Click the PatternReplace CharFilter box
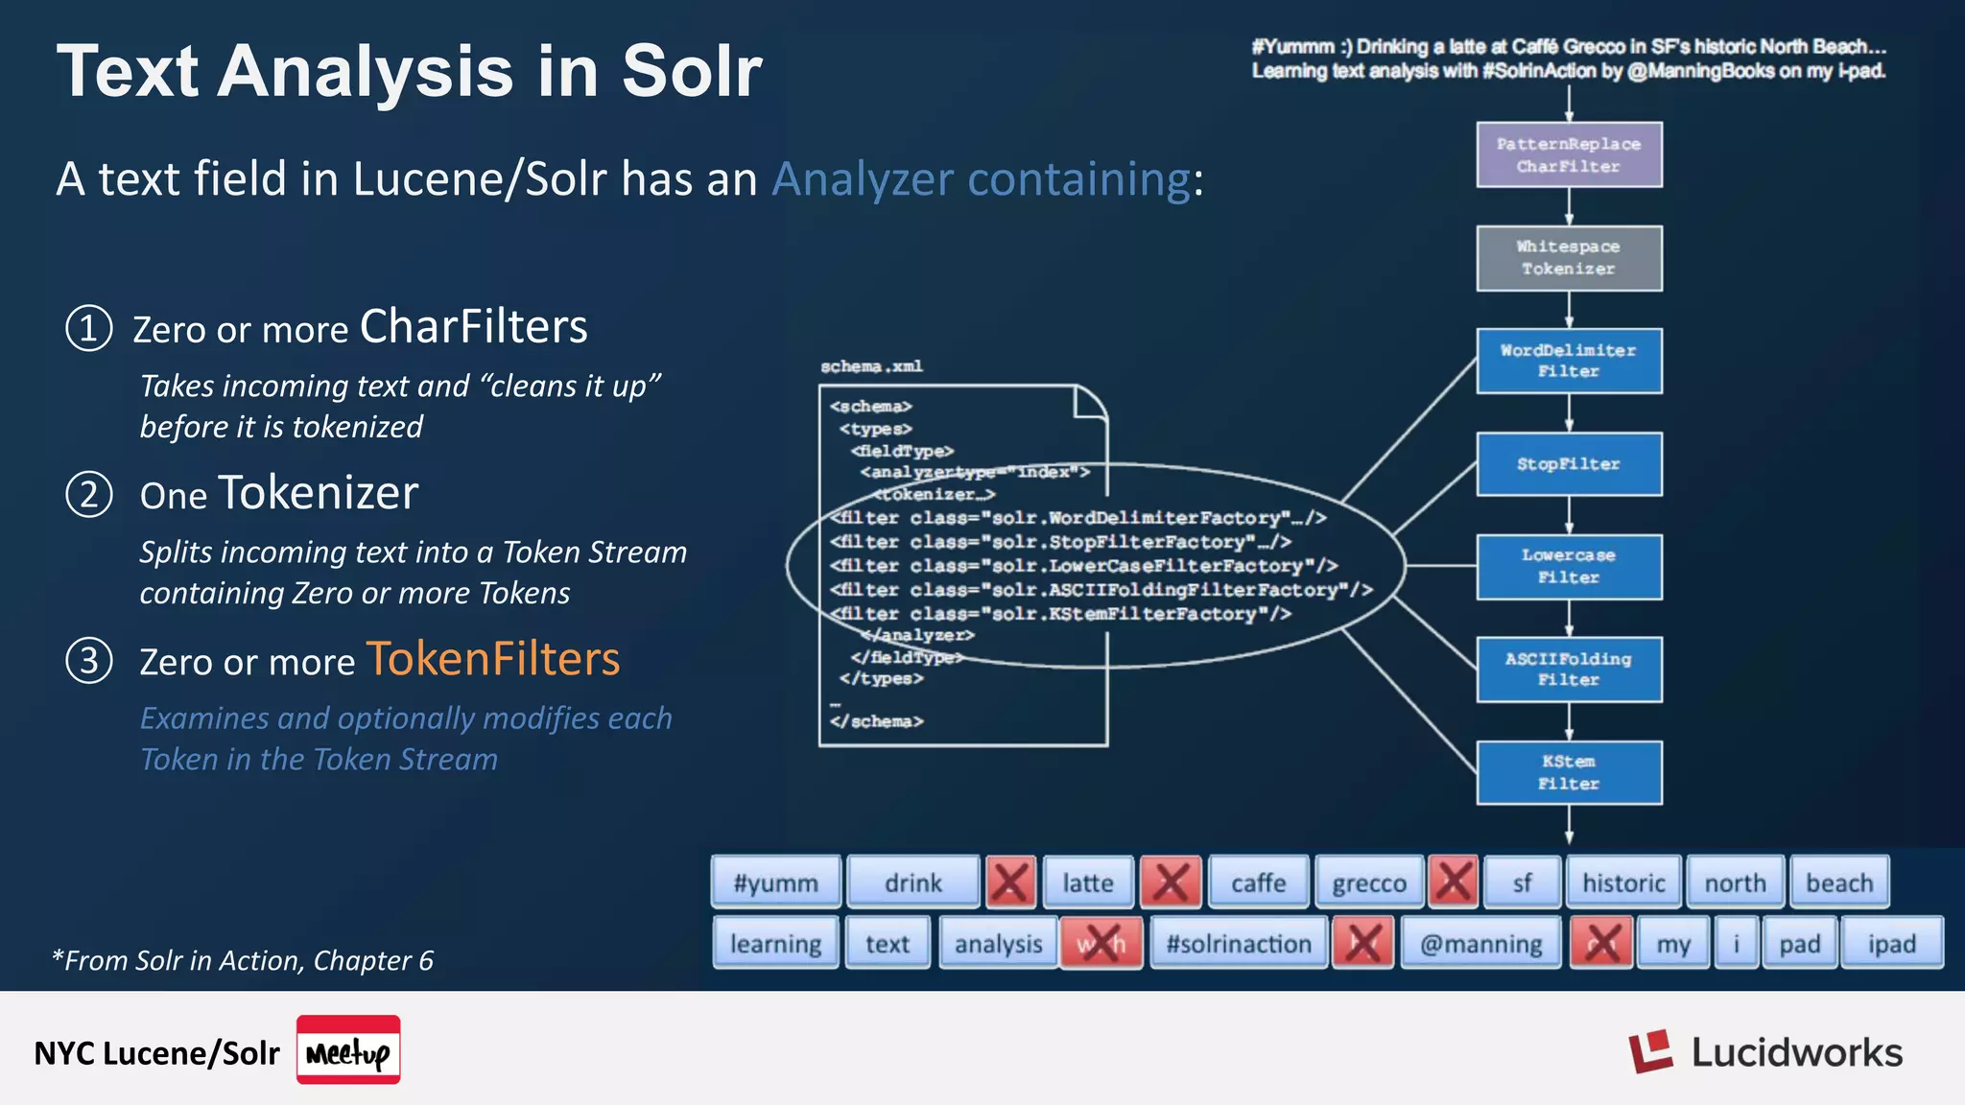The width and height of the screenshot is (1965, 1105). pyautogui.click(x=1569, y=154)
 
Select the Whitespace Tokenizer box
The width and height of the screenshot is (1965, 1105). pyautogui.click(x=1569, y=258)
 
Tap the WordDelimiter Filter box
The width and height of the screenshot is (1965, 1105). pyautogui.click(x=1569, y=361)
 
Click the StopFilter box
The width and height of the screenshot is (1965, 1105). pyautogui.click(x=1569, y=464)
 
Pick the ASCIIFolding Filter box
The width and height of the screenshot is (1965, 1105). pyautogui.click(x=1569, y=670)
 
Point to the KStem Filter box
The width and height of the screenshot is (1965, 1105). pyautogui.click(x=1569, y=772)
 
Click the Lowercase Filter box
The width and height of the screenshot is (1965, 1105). pyautogui.click(x=1569, y=567)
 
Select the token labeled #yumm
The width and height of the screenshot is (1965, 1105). pyautogui.click(x=775, y=882)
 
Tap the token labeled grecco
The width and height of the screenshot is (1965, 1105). pyautogui.click(x=1369, y=882)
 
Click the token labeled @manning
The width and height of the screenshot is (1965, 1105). pyautogui.click(x=1481, y=944)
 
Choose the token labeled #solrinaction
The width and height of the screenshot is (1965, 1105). pyautogui.click(x=1239, y=944)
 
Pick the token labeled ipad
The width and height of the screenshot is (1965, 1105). pyautogui.click(x=1891, y=944)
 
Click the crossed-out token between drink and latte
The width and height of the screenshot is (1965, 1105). pyautogui.click(x=1010, y=882)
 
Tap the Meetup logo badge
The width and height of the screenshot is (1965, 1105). pyautogui.click(x=348, y=1050)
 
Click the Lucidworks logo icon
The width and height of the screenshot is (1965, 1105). pyautogui.click(x=1650, y=1052)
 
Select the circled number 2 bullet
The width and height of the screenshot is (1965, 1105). pyautogui.click(x=89, y=495)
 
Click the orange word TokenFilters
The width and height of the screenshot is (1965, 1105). pyautogui.click(x=493, y=660)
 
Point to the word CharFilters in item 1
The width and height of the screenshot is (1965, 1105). pyautogui.click(x=473, y=327)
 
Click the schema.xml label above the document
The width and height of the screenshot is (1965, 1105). pyautogui.click(x=871, y=366)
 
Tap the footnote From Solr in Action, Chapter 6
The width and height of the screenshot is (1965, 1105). pyautogui.click(x=243, y=960)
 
